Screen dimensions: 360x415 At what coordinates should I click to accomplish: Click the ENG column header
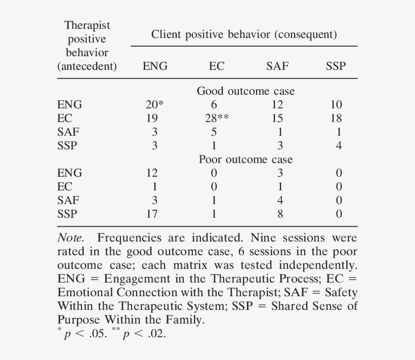pyautogui.click(x=155, y=66)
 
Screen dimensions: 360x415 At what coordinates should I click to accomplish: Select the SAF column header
pyautogui.click(x=277, y=66)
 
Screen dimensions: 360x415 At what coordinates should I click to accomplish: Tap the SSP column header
pyautogui.click(x=336, y=66)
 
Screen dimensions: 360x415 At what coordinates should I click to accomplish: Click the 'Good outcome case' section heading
pyautogui.click(x=245, y=91)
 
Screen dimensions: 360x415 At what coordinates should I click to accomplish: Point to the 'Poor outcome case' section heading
pyautogui.click(x=245, y=159)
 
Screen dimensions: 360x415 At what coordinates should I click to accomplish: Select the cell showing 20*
pyautogui.click(x=155, y=105)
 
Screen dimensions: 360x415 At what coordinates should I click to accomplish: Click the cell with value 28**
pyautogui.click(x=216, y=118)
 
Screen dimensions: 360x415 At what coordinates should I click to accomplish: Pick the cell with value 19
pyautogui.click(x=151, y=118)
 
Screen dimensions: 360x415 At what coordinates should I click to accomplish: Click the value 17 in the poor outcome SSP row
pyautogui.click(x=151, y=214)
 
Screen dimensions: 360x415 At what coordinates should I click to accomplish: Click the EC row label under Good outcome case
pyautogui.click(x=65, y=118)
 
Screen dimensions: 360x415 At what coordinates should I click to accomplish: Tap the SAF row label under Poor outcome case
pyautogui.click(x=68, y=201)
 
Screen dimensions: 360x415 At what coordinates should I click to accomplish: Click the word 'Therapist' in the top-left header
pyautogui.click(x=87, y=25)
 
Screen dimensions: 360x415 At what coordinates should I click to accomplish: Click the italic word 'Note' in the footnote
pyautogui.click(x=70, y=238)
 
